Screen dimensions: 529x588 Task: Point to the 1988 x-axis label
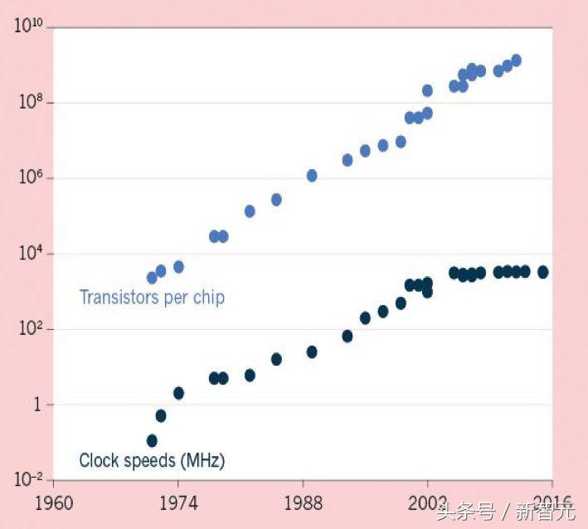(303, 503)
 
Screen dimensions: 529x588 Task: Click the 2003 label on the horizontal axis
(427, 503)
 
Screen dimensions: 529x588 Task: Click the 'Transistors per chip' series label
(152, 297)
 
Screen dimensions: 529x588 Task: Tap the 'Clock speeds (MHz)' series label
(152, 460)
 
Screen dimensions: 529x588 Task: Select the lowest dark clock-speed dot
(152, 440)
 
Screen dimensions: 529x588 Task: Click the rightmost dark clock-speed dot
(543, 272)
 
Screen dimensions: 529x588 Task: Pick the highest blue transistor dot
(516, 60)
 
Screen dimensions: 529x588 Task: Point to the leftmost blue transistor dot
(152, 278)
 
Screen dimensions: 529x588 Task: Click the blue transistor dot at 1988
(312, 175)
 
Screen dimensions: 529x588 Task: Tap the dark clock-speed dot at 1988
(312, 352)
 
